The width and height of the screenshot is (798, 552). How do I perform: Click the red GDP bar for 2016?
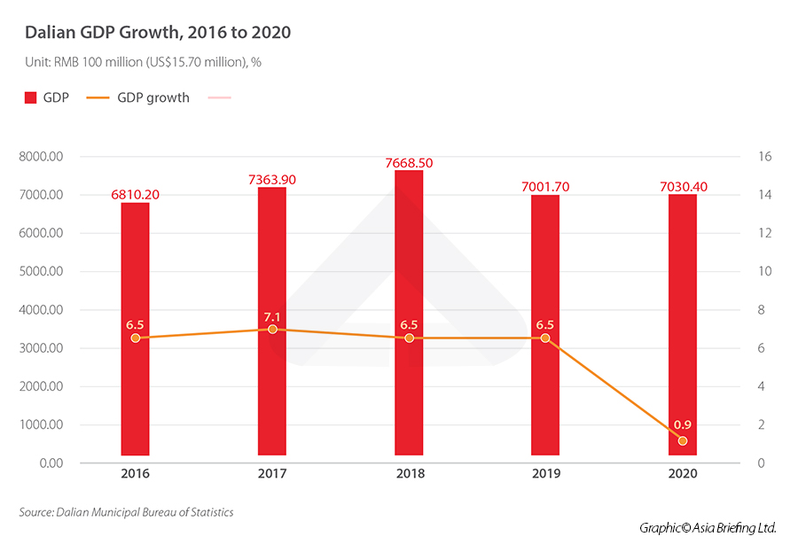[136, 266]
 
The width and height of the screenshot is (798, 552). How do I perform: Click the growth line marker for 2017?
[272, 329]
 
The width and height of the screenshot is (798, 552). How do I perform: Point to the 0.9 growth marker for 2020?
[682, 440]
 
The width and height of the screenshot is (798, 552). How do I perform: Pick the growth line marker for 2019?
[545, 338]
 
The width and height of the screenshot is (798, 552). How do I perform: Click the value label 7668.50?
[409, 163]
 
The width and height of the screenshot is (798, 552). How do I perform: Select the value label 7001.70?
[545, 188]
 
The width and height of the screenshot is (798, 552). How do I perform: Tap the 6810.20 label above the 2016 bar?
[136, 195]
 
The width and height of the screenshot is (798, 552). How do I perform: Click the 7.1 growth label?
[272, 316]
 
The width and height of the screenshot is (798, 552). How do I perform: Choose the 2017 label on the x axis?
[272, 474]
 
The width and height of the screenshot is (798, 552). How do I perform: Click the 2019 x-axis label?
[545, 474]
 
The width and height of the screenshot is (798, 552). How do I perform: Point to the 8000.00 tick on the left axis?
[41, 157]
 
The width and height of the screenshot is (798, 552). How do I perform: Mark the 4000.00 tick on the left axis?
[41, 310]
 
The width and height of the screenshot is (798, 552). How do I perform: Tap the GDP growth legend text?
[153, 98]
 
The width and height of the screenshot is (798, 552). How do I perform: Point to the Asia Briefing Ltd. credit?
[708, 528]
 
